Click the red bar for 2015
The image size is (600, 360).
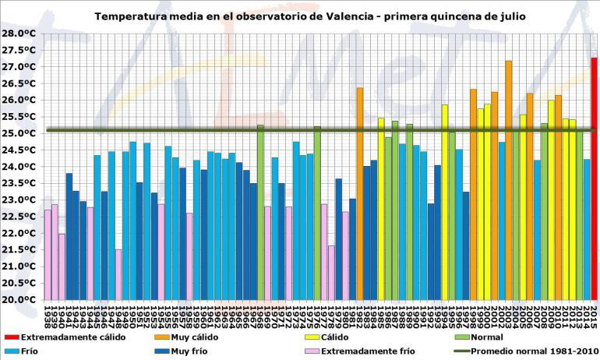[594, 178]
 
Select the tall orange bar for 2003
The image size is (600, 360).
[509, 180]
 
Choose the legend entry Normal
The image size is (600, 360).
[488, 337]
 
